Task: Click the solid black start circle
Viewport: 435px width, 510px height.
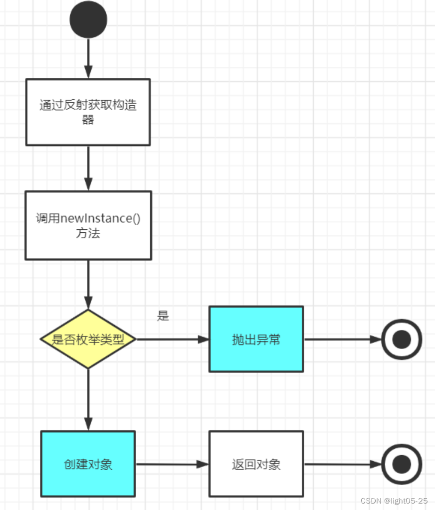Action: coord(88,19)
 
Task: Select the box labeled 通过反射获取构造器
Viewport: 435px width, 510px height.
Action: coord(88,112)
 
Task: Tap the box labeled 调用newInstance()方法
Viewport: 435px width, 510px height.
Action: coord(88,225)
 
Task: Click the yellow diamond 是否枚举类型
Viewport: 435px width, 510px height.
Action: coord(88,340)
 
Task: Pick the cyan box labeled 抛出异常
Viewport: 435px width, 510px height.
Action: coord(256,339)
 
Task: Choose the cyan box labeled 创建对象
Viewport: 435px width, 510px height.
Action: coord(88,464)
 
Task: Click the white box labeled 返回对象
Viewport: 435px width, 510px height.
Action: coord(256,464)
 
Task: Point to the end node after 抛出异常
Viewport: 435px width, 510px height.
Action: coord(402,340)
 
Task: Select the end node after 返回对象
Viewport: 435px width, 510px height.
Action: coord(402,464)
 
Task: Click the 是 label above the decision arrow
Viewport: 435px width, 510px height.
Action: coord(163,316)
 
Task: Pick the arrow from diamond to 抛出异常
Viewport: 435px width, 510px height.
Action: coord(173,340)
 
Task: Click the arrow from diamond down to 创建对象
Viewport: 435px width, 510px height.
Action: coord(88,399)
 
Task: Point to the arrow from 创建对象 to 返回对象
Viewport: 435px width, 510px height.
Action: coord(172,464)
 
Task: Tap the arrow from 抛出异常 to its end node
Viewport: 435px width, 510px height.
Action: coord(342,340)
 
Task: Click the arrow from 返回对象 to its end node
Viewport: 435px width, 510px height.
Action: coord(342,464)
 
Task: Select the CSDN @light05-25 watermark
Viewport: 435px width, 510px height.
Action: coord(394,500)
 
